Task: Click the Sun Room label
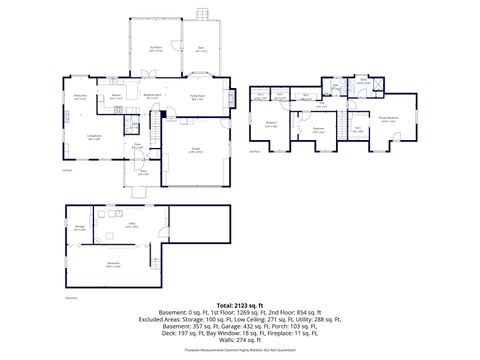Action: (156, 47)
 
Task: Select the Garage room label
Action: (197, 151)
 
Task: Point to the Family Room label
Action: (198, 99)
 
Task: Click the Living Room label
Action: (95, 136)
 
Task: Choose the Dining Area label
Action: (80, 97)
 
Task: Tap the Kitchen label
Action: (117, 98)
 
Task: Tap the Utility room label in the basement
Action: (131, 226)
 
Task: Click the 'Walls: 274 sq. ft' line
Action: (240, 341)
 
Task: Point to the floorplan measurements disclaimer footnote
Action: (240, 352)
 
